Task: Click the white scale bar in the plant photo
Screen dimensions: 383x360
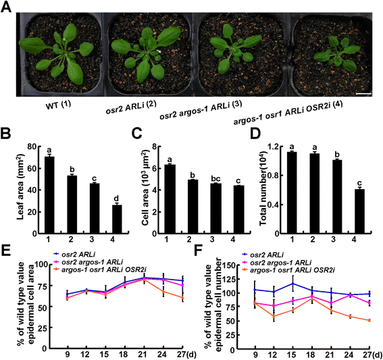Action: tap(363, 93)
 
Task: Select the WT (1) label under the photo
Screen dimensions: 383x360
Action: tap(58, 105)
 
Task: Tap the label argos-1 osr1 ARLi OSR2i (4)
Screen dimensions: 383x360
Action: tap(288, 113)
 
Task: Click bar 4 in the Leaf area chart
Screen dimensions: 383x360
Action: tap(117, 219)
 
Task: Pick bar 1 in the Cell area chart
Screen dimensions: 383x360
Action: tap(170, 199)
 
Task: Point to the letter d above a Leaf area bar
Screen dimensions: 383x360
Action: tap(116, 198)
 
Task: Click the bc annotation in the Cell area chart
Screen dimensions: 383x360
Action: tap(215, 178)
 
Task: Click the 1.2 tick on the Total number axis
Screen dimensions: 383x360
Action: tap(273, 147)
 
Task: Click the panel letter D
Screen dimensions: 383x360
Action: tap(255, 133)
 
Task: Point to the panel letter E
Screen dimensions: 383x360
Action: tap(5, 250)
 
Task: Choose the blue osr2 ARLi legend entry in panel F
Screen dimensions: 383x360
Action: tap(262, 255)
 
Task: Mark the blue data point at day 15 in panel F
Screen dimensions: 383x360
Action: tap(292, 284)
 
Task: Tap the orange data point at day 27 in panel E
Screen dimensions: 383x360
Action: tap(182, 298)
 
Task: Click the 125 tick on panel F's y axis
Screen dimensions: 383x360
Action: tap(235, 279)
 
